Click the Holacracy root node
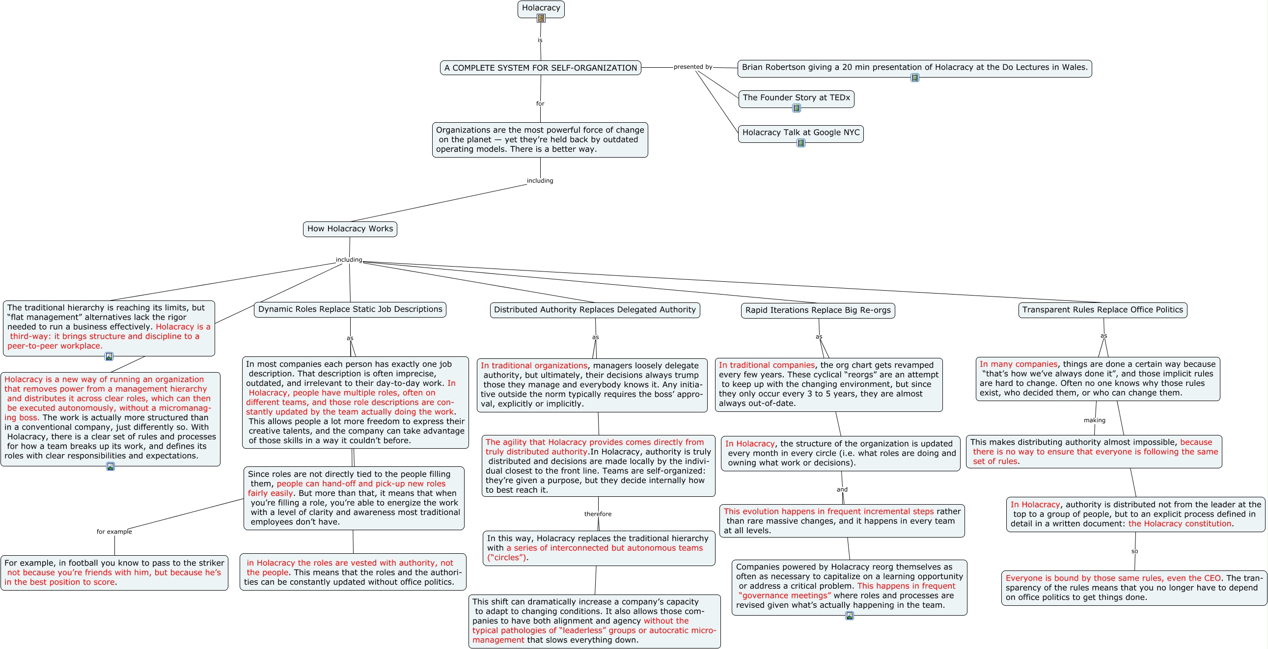pos(541,9)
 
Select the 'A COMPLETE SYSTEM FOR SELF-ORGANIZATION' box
pos(541,68)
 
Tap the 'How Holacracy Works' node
pos(350,229)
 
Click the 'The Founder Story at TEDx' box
pos(797,98)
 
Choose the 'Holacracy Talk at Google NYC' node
pos(801,134)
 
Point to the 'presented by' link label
pos(693,67)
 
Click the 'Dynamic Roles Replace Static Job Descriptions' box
pos(350,309)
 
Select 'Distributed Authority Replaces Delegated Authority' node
pos(595,310)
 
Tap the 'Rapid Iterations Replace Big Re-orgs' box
pos(818,310)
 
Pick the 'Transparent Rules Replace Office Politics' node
pos(1103,310)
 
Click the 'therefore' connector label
pos(598,514)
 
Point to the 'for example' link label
pos(114,532)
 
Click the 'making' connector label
pos(1095,420)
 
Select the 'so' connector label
pos(1134,552)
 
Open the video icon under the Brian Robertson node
pos(914,78)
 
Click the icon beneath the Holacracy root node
pos(541,18)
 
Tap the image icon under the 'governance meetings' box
pos(850,616)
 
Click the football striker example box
pos(114,573)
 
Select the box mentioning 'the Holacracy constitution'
pos(1135,514)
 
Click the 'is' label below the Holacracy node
pos(540,41)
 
